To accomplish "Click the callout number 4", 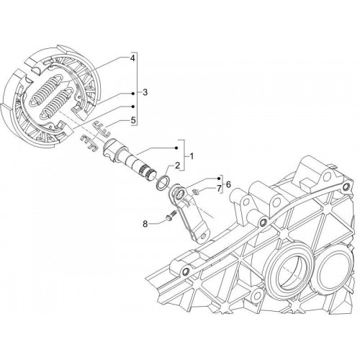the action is point(132,58).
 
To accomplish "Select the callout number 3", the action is point(145,92).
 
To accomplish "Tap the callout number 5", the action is point(132,120).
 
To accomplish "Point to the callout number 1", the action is point(192,156).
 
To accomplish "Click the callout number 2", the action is point(177,166).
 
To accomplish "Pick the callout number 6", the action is point(228,184).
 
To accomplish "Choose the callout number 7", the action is point(219,189).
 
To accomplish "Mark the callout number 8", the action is point(145,224).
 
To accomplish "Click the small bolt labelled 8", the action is point(171,215).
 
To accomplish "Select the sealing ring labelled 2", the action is point(163,183).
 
